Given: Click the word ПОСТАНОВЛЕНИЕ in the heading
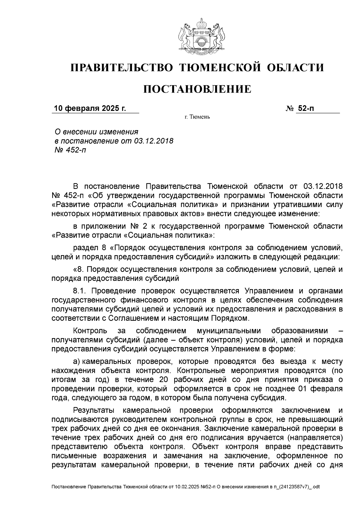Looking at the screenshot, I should pos(197,89).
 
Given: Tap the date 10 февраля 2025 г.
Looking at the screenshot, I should pos(90,108).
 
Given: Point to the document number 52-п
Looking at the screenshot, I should pos(306,108).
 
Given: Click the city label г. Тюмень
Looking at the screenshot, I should pos(197,117).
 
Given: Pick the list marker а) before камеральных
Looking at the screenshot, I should pos(77,361).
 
